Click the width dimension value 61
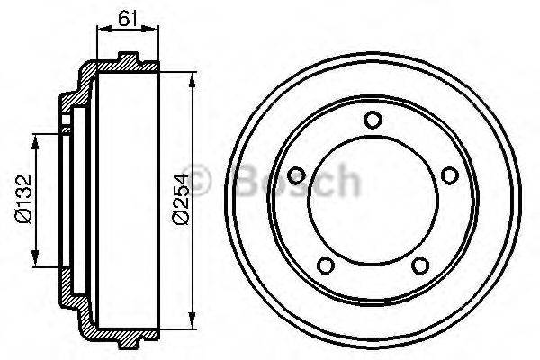(127, 15)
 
